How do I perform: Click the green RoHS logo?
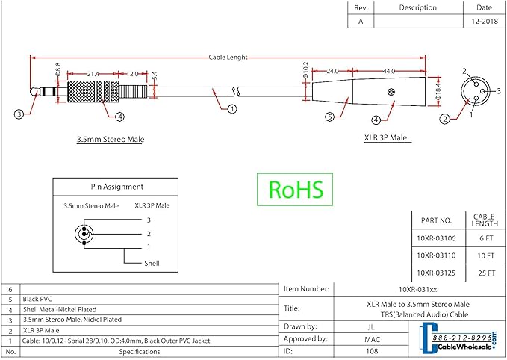tap(295, 190)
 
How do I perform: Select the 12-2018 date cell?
tap(485, 22)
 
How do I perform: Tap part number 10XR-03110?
tap(436, 255)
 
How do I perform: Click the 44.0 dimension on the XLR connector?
tap(389, 71)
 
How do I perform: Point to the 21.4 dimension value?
tap(93, 74)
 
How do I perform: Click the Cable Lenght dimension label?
tap(228, 58)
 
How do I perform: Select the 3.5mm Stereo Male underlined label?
tap(111, 140)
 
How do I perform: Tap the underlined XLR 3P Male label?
tap(386, 137)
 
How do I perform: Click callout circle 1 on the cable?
tap(232, 109)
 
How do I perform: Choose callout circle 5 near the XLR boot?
tap(329, 117)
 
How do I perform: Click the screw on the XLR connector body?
tap(391, 92)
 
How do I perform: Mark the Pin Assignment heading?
tap(117, 187)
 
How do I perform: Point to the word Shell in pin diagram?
tap(152, 264)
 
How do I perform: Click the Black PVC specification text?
tap(37, 300)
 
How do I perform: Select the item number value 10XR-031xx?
tap(417, 290)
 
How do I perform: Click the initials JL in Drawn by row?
tap(371, 327)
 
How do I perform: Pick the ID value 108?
tap(372, 351)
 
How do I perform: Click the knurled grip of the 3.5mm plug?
tap(93, 92)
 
